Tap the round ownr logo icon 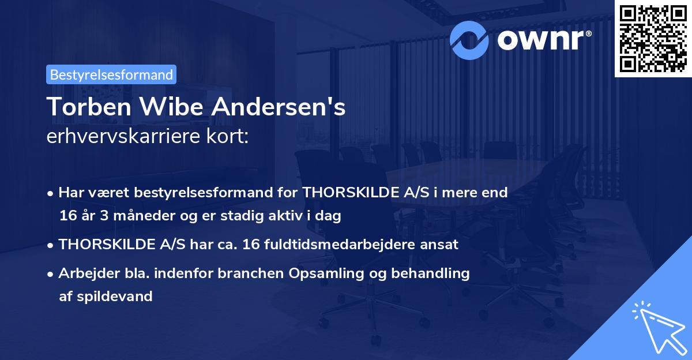point(470,40)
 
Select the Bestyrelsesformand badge point(111,74)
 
